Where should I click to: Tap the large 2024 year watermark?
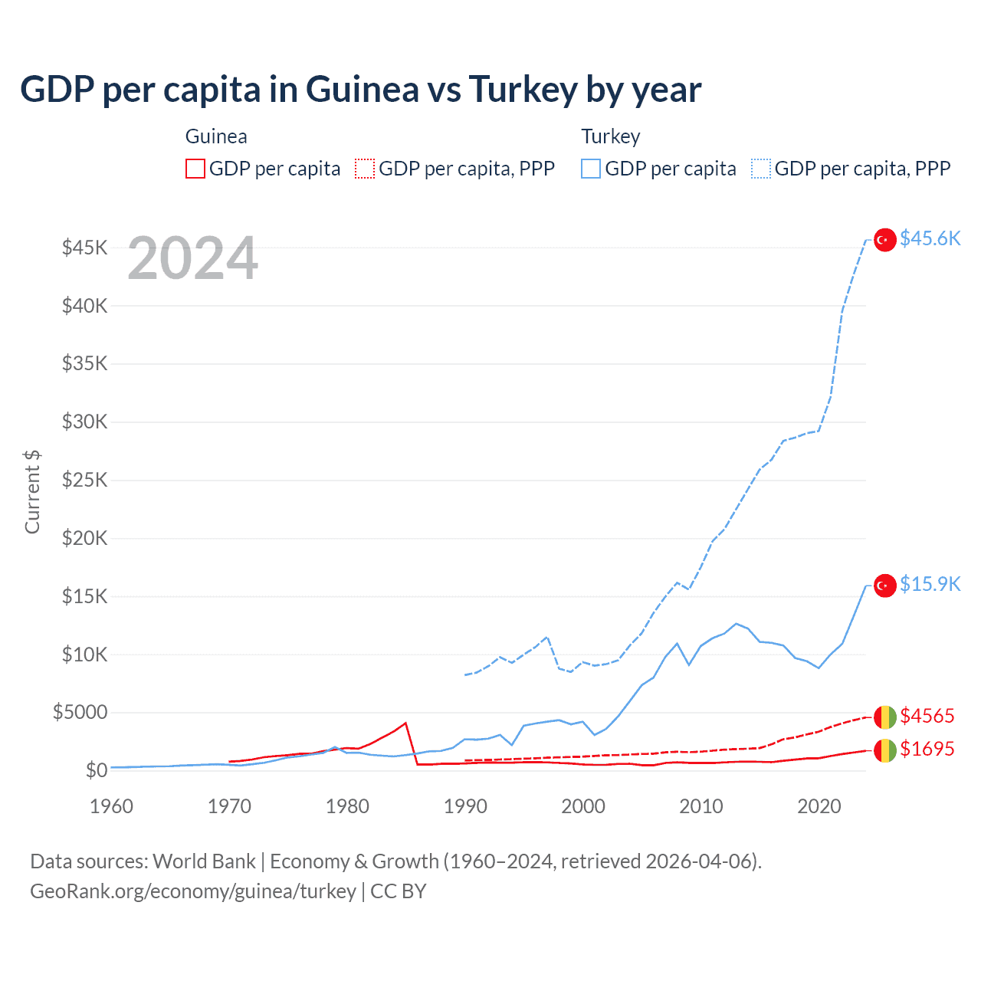(x=193, y=259)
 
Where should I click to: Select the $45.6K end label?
(x=930, y=239)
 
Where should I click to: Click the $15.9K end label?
(x=930, y=585)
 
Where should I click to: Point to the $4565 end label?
(x=927, y=717)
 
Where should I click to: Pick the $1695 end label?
(x=927, y=750)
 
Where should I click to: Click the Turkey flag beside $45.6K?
(x=885, y=240)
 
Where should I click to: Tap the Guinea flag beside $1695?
(x=885, y=750)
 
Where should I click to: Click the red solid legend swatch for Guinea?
(x=195, y=169)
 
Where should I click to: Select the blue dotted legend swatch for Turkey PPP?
(x=761, y=169)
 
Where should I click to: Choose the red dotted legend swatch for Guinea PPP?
(x=365, y=169)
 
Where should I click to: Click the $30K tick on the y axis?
(x=85, y=422)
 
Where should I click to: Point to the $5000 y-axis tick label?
(x=80, y=713)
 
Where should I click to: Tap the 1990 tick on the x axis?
(x=465, y=807)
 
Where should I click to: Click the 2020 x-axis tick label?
(x=819, y=807)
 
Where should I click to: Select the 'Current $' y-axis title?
(x=32, y=491)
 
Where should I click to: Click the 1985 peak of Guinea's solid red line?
(x=405, y=723)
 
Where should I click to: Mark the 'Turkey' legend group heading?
(x=610, y=137)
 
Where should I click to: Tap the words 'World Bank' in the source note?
(x=204, y=861)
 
